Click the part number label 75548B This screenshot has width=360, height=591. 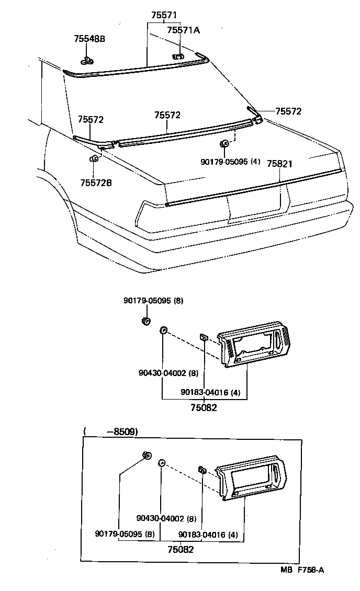click(x=89, y=39)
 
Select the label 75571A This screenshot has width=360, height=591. click(x=183, y=30)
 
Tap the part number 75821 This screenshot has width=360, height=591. click(x=279, y=164)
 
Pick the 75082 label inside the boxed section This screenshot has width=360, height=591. click(x=181, y=550)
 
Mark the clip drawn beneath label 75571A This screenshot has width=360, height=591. click(x=178, y=55)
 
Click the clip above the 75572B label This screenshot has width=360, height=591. click(x=94, y=158)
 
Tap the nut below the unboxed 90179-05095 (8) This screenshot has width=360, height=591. click(x=147, y=321)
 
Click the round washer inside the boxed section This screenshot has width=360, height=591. click(x=162, y=463)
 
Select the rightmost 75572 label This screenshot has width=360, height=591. click(x=288, y=111)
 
